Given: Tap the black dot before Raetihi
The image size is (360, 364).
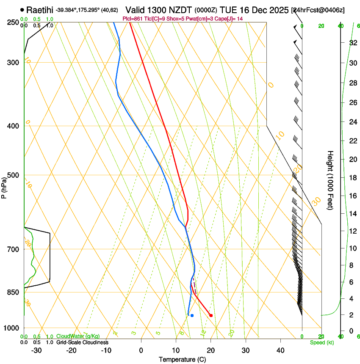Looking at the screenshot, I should click(x=22, y=9).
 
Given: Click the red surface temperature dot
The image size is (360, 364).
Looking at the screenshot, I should click(x=211, y=315).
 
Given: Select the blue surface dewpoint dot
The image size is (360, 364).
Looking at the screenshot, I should click(x=192, y=315).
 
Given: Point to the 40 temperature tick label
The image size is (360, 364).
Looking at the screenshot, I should click(x=280, y=350).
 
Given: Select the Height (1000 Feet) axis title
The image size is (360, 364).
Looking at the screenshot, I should click(x=330, y=180).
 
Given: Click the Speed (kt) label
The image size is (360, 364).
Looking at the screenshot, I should click(x=321, y=342).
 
